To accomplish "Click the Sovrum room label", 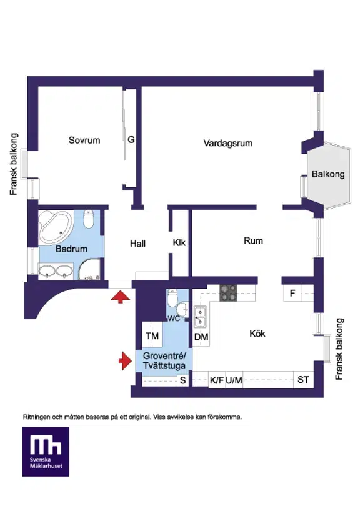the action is (x=84, y=140).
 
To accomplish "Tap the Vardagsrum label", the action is (x=228, y=143).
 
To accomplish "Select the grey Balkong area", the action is (x=328, y=175).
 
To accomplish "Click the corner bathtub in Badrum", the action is (x=56, y=227).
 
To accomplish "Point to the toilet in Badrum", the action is (x=88, y=219).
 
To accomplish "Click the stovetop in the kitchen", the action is (x=229, y=293).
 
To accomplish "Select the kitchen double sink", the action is (x=200, y=317).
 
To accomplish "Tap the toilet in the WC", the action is (x=172, y=298).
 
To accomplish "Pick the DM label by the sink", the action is (x=201, y=337).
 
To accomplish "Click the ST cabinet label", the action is (x=303, y=380).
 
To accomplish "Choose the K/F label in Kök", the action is (x=217, y=380).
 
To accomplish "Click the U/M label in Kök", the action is (x=234, y=380).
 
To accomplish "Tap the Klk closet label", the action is (x=179, y=242).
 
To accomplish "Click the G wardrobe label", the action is (x=131, y=140).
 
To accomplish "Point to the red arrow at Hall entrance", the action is (x=121, y=297).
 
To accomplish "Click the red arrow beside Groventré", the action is (x=125, y=360).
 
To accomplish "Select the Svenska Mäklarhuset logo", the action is (x=46, y=452).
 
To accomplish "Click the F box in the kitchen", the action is (x=292, y=294).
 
